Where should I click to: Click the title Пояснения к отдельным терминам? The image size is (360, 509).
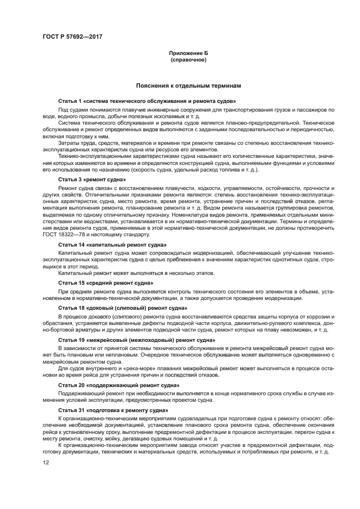pos(188,85)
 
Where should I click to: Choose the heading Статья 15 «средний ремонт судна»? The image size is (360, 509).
pos(106,284)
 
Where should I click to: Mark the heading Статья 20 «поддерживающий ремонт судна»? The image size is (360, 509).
pos(119,384)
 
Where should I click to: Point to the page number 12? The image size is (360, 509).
pos(46,462)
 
